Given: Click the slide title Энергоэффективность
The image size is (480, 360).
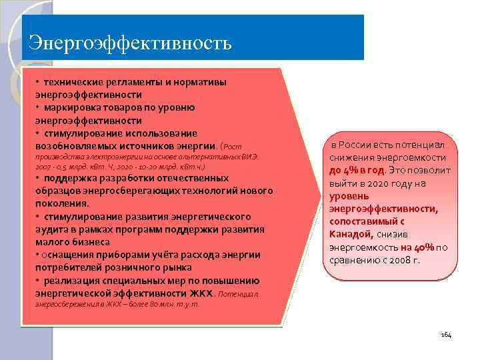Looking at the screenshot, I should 130,43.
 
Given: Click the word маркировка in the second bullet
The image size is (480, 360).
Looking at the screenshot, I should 73,107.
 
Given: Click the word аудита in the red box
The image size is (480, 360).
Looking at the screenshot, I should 51,229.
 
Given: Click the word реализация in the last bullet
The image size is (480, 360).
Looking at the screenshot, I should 74,281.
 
